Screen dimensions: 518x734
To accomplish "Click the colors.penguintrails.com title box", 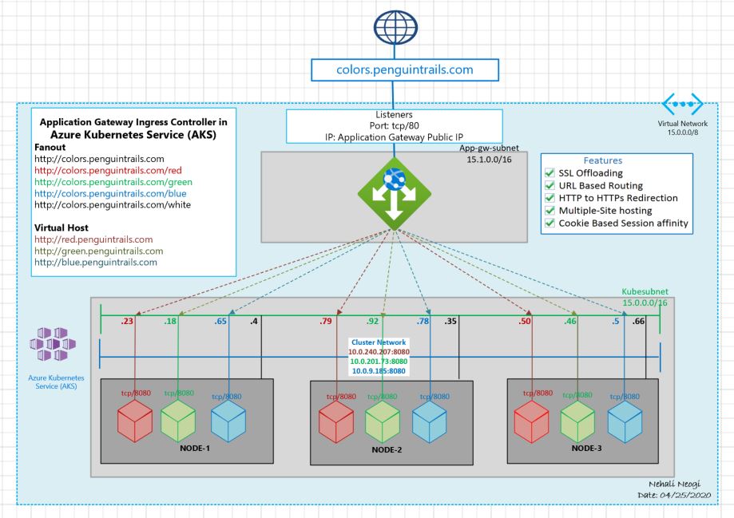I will [403, 69].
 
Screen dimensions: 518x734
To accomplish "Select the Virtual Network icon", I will [683, 105].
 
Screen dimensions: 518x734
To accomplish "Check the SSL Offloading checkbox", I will [550, 173].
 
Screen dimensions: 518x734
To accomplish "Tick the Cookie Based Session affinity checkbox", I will [550, 223].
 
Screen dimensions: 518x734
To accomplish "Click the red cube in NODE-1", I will [135, 421].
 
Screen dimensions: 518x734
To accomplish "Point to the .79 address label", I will [325, 322].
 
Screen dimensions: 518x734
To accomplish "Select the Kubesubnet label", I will [645, 293].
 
